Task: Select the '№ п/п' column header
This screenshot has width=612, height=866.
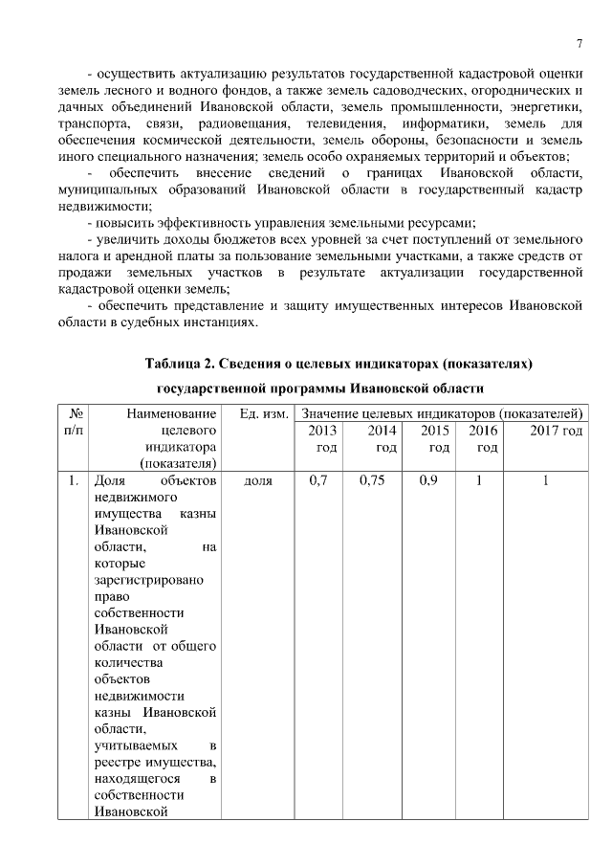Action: [73, 421]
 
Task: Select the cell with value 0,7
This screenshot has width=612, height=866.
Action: [318, 481]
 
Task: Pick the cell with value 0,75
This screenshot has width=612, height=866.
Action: [372, 481]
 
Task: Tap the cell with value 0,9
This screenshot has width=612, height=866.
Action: [428, 481]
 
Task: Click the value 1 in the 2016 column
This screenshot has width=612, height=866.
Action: [478, 481]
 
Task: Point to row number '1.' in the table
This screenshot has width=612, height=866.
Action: [73, 481]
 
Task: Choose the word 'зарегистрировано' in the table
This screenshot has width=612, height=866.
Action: [142, 580]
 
